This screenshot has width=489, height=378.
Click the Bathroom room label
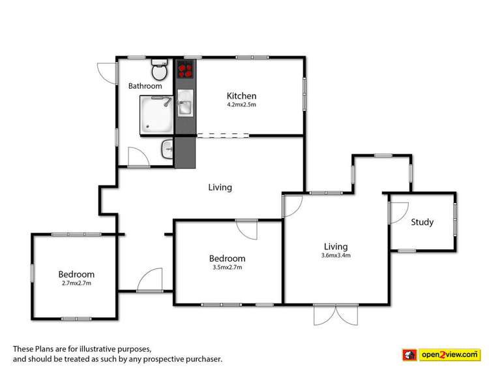(x=145, y=86)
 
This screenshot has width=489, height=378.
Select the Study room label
(x=422, y=222)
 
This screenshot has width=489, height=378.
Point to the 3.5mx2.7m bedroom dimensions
(x=228, y=266)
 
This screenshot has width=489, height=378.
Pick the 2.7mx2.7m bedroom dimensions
(x=76, y=283)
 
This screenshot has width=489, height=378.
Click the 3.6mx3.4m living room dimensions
(x=336, y=255)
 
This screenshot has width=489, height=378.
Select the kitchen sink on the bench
(x=185, y=106)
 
